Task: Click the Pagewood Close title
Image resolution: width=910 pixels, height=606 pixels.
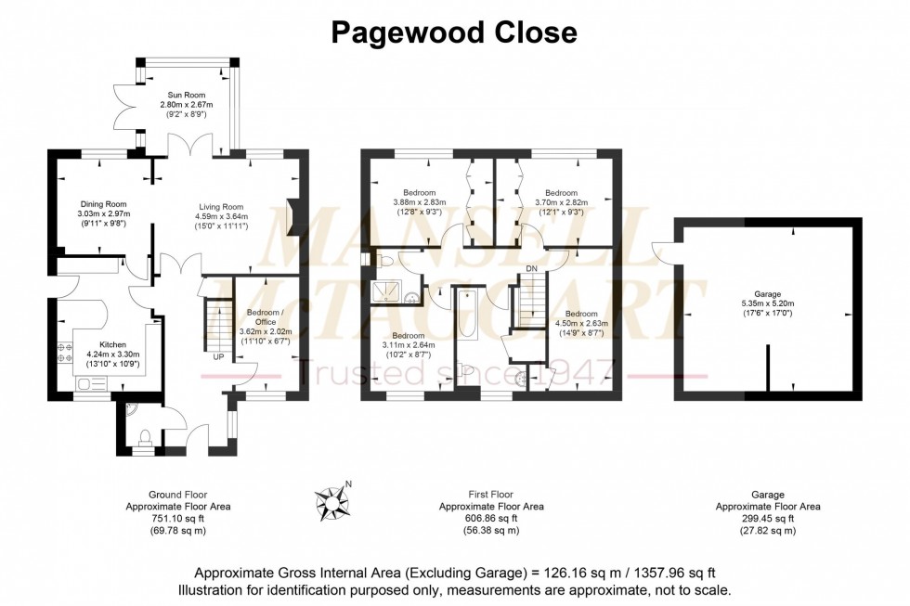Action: click(x=454, y=33)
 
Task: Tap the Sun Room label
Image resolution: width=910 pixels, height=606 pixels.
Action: click(x=186, y=95)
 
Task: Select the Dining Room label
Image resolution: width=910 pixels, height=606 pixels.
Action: click(x=101, y=204)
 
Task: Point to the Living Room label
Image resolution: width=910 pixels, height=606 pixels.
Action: click(x=221, y=207)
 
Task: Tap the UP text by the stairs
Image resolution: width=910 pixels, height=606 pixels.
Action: click(x=219, y=355)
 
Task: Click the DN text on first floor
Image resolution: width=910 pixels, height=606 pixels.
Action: click(x=531, y=269)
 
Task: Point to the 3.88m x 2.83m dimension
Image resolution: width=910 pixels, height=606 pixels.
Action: click(x=419, y=202)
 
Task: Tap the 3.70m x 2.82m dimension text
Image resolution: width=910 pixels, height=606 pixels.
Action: click(x=562, y=202)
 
